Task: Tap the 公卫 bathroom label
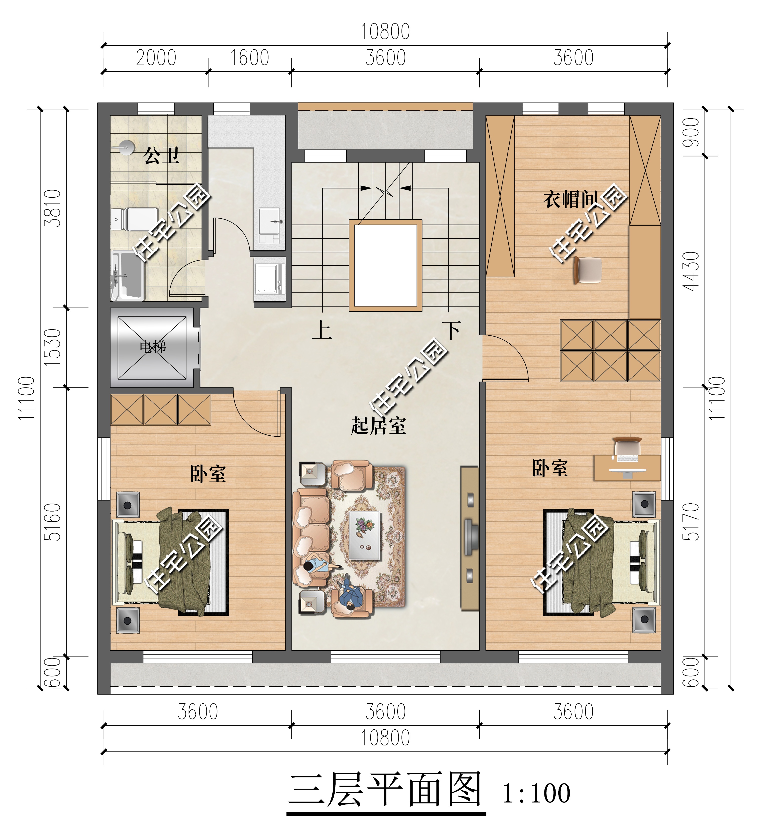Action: (161, 156)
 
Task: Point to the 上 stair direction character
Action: (322, 330)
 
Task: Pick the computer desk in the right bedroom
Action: (627, 467)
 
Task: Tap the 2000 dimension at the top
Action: (156, 58)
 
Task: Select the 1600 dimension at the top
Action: (250, 58)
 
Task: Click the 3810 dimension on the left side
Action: (53, 208)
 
